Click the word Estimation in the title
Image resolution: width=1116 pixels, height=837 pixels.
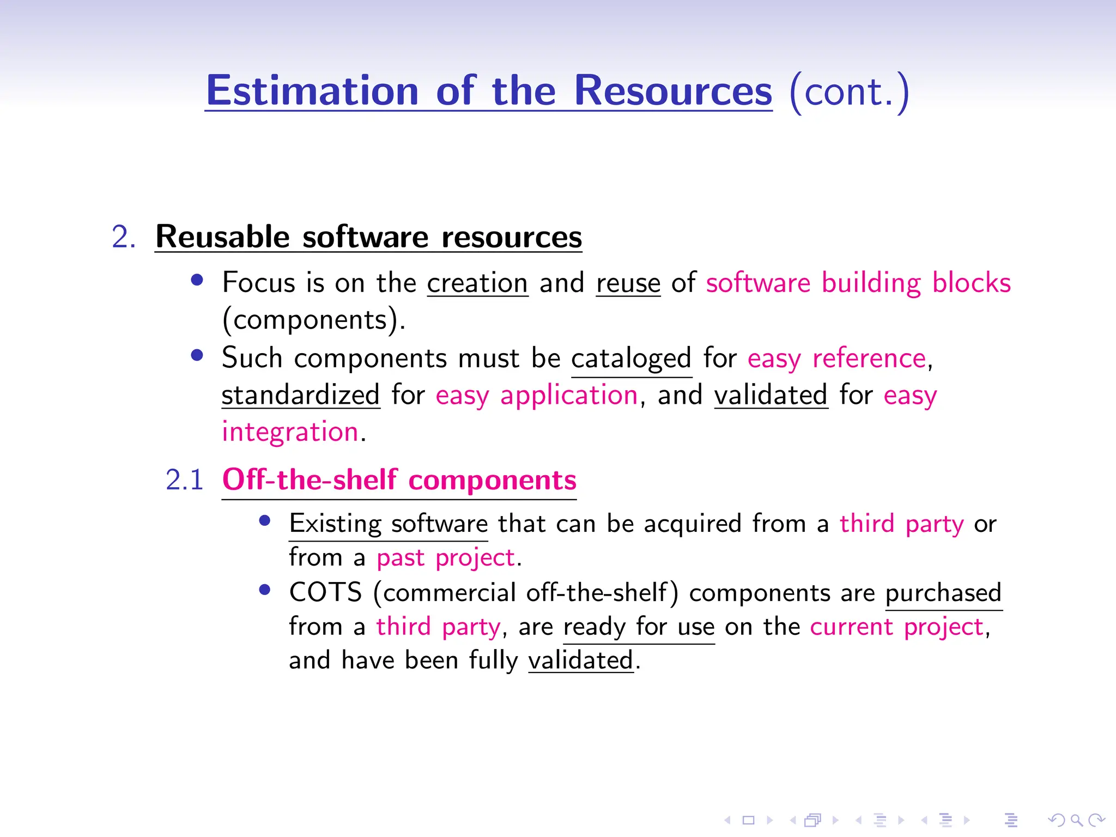312,91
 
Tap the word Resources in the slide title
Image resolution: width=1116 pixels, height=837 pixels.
673,91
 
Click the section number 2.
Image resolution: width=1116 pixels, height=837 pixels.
123,238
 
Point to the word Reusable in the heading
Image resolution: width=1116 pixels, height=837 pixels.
222,237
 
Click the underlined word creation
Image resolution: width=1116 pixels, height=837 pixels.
477,283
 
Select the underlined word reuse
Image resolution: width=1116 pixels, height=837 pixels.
628,283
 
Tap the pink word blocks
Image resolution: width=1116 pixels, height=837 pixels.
971,283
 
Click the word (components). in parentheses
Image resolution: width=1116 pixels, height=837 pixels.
313,320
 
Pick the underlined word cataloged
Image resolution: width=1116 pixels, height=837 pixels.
631,359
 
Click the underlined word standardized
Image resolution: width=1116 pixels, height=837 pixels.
300,395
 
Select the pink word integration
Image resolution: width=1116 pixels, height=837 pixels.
290,432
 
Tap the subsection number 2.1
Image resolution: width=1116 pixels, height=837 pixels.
184,480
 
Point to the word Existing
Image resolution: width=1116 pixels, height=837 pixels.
335,524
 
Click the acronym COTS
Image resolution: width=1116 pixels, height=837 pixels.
325,592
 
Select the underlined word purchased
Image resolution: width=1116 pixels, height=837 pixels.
943,593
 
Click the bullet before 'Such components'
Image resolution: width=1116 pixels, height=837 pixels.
197,356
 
